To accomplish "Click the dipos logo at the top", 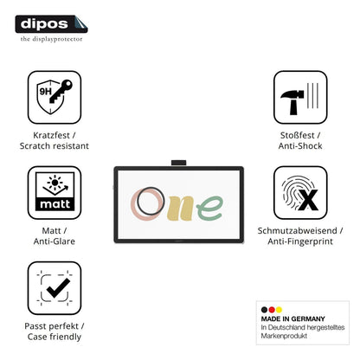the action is (51, 24).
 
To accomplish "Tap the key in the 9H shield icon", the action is (61, 91).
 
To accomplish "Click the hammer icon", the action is (292, 102).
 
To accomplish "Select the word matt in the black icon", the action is (55, 204).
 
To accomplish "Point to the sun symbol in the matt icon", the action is (55, 183).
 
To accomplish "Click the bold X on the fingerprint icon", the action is (308, 200).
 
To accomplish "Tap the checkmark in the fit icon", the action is (58, 288).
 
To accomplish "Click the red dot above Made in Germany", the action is (272, 310).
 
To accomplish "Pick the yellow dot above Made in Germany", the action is (279, 310).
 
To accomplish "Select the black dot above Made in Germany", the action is (264, 310).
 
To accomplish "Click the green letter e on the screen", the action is (209, 208).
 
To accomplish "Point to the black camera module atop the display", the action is (179, 163).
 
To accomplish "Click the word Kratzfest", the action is (51, 135).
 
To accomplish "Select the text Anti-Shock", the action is (300, 146).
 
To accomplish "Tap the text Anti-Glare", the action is (55, 241).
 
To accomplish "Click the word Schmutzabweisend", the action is (297, 231).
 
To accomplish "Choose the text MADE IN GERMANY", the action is (293, 319).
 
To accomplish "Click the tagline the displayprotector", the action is (51, 39).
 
